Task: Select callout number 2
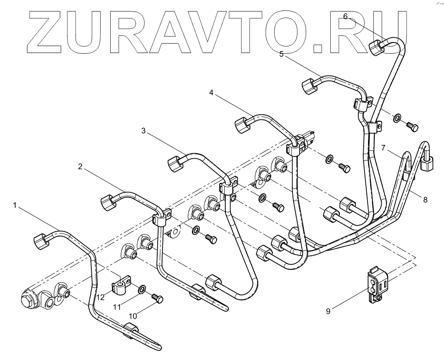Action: tap(80, 167)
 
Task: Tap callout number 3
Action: tap(144, 131)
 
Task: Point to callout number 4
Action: tap(212, 93)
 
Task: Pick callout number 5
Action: tap(282, 54)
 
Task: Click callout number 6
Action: tap(345, 16)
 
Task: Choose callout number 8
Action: tap(425, 199)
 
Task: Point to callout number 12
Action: tap(101, 297)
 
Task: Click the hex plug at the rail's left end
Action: tap(29, 300)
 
